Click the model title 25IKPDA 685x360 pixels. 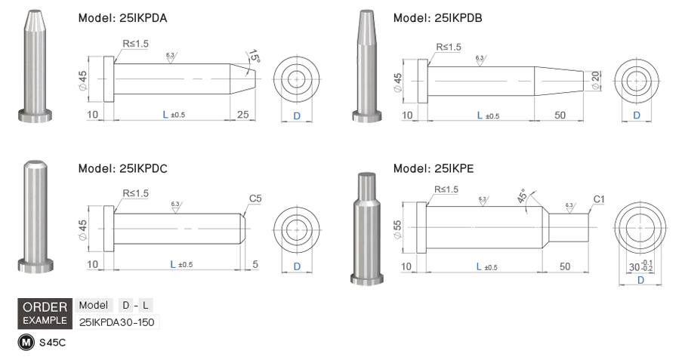(122, 19)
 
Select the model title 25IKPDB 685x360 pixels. (437, 19)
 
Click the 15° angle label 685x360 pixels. (255, 57)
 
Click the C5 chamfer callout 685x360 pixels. (255, 198)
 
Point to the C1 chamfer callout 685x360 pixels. (599, 199)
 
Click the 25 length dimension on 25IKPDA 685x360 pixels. (242, 115)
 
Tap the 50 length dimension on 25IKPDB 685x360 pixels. (560, 115)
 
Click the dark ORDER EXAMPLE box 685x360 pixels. (45, 313)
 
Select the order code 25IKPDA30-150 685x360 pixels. (116, 322)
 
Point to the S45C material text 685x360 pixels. (52, 342)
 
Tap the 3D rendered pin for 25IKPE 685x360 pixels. (365, 226)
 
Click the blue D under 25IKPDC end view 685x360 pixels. (297, 266)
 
